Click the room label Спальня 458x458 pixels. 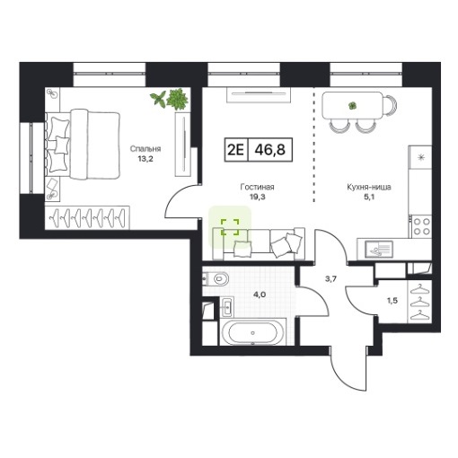[x=145, y=149]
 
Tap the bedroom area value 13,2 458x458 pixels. [x=145, y=159]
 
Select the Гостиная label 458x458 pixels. [x=257, y=188]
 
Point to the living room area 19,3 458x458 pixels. [x=257, y=197]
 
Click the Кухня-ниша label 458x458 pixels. [x=369, y=188]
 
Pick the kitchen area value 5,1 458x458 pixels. [x=369, y=197]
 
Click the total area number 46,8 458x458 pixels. [x=270, y=150]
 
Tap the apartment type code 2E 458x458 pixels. [x=236, y=150]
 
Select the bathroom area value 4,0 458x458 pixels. [x=260, y=295]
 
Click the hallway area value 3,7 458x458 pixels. [x=331, y=279]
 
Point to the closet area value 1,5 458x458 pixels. [x=392, y=301]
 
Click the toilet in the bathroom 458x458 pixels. [x=217, y=279]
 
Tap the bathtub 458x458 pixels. [x=253, y=332]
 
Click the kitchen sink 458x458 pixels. [x=378, y=250]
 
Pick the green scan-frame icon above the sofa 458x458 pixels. [x=230, y=227]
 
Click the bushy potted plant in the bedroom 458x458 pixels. [x=177, y=99]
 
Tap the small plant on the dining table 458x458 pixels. [x=353, y=105]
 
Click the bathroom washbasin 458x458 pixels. [x=226, y=307]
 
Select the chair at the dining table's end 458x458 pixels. [x=391, y=105]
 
